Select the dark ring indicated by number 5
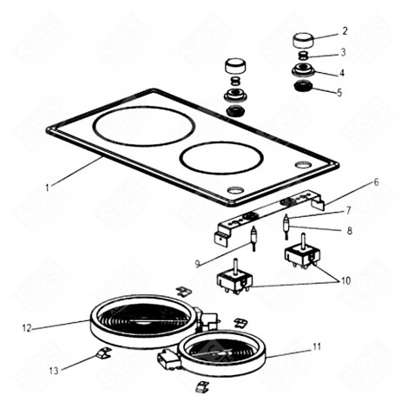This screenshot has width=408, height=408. (304, 88)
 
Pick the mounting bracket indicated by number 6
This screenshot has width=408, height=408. (269, 217)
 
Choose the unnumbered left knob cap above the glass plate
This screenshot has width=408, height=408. (235, 67)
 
